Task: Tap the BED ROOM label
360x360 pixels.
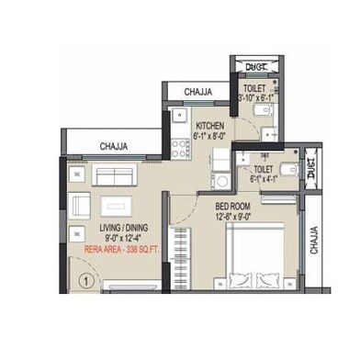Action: pyautogui.click(x=234, y=207)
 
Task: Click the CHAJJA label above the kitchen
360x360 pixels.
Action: pyautogui.click(x=197, y=92)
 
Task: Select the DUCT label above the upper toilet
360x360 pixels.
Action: pyautogui.click(x=256, y=65)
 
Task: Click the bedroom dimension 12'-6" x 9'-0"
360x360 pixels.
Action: pyautogui.click(x=234, y=217)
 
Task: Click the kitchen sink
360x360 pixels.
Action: pyautogui.click(x=178, y=117)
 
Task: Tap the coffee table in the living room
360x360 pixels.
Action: pyautogui.click(x=116, y=206)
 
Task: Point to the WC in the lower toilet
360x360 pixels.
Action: pyautogui.click(x=287, y=168)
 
